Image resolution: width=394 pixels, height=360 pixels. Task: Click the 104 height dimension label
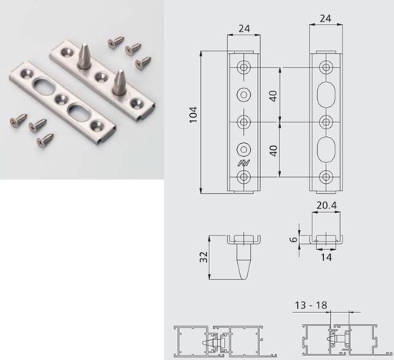click(193, 115)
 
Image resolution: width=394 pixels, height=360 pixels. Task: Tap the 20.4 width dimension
click(326, 205)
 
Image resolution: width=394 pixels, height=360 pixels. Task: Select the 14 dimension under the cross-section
click(326, 257)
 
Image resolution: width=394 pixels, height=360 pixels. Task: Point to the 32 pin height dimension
click(203, 257)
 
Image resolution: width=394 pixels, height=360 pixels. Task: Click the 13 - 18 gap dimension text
click(311, 305)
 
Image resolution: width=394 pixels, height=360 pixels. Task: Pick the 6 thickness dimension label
click(293, 239)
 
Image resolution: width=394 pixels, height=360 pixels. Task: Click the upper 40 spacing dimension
click(273, 96)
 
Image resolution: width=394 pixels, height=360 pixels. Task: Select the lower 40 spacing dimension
click(273, 151)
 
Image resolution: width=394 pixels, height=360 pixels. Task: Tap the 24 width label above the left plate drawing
click(244, 28)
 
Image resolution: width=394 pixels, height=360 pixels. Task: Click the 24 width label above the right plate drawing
click(326, 18)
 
